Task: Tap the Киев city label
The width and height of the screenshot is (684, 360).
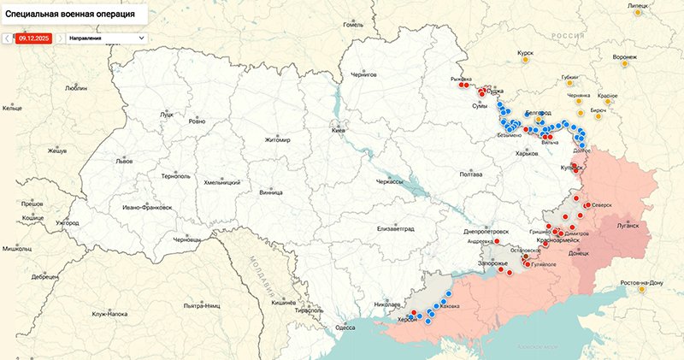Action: click(x=339, y=131)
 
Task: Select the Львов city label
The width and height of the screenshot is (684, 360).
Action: click(x=125, y=161)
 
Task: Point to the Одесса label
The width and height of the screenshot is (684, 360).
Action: click(x=345, y=328)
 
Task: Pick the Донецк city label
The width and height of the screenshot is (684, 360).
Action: click(x=579, y=254)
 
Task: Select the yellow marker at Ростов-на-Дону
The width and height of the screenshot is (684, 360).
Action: click(x=641, y=289)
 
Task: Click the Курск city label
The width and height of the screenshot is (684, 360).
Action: click(x=525, y=53)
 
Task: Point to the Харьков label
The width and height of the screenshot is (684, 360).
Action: click(x=528, y=154)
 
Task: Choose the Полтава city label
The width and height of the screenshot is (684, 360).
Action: click(x=471, y=174)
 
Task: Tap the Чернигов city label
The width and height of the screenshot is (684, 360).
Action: click(x=364, y=75)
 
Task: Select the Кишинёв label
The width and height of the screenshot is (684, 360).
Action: click(x=283, y=303)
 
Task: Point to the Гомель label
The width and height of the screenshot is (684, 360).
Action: click(x=353, y=25)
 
